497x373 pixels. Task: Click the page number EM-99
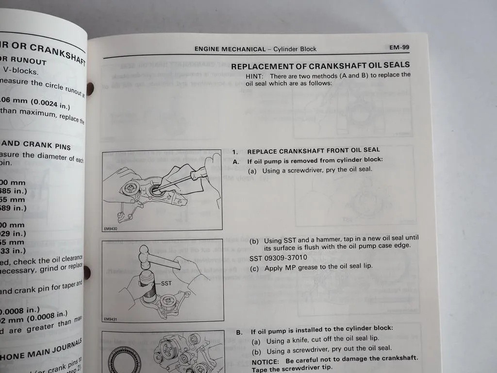click(x=399, y=48)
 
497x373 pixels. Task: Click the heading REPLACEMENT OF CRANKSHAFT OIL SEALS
click(x=320, y=66)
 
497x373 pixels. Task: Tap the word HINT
click(x=254, y=76)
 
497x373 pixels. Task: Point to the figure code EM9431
click(x=111, y=319)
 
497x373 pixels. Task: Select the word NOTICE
click(x=265, y=358)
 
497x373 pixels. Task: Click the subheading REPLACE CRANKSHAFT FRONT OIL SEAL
click(x=314, y=151)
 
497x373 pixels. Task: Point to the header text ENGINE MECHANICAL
click(x=230, y=49)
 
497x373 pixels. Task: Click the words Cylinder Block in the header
click(x=295, y=49)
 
